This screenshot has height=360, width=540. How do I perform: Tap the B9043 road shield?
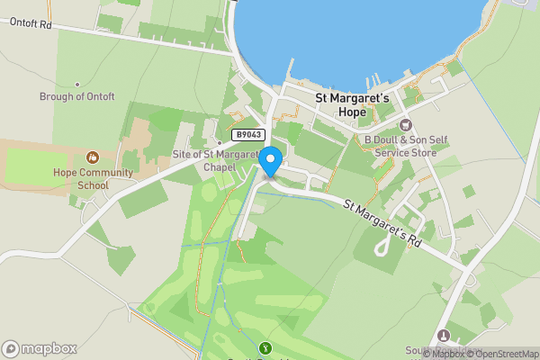(247, 135)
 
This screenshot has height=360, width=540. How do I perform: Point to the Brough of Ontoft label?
(77, 97)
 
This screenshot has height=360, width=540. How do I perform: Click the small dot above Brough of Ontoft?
(78, 80)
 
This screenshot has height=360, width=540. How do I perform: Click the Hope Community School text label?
(93, 179)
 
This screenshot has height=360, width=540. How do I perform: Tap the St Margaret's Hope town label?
(351, 103)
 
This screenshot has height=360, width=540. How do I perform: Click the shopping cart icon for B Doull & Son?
(405, 124)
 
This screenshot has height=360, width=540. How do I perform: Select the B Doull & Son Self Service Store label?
(400, 147)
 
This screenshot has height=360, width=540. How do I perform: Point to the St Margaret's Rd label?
(382, 223)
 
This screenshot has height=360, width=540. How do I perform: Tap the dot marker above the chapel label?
(219, 142)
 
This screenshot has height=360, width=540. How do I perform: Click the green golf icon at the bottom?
(265, 348)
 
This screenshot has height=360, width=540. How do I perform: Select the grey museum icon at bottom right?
(443, 336)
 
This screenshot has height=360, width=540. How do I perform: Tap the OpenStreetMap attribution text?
(501, 354)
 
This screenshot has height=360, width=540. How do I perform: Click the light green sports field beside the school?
(36, 166)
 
